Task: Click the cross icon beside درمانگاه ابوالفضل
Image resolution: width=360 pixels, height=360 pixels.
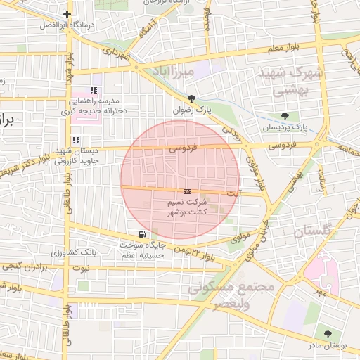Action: click(x=67, y=14)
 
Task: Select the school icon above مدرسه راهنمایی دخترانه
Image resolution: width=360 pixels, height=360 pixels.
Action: click(x=94, y=90)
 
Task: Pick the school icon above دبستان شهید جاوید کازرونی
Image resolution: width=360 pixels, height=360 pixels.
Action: click(x=76, y=140)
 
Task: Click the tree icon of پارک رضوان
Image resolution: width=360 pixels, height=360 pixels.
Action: click(x=192, y=98)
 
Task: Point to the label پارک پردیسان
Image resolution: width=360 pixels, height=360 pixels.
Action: click(x=285, y=127)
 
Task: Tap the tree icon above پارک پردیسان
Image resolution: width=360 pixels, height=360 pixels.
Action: click(x=285, y=116)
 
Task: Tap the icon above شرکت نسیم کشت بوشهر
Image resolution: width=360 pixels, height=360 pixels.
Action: click(x=187, y=191)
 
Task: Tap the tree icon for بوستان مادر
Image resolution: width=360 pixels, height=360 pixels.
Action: click(x=327, y=333)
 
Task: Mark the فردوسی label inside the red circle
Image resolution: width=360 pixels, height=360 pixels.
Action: click(x=184, y=148)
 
